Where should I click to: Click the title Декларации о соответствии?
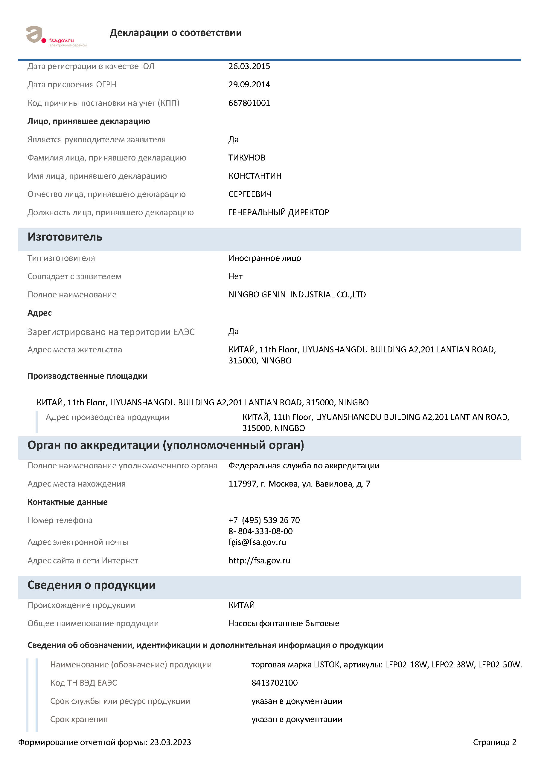[x=175, y=33]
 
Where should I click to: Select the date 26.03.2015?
[x=249, y=66]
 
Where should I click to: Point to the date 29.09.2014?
[x=249, y=84]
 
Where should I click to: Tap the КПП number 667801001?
[x=249, y=103]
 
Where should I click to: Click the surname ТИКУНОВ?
[x=247, y=158]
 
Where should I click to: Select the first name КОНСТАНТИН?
[x=255, y=176]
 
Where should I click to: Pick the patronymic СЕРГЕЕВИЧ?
[x=250, y=194]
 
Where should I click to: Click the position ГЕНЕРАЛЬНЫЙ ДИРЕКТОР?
[x=278, y=212]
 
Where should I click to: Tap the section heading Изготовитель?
[x=65, y=237]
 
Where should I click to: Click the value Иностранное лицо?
[x=264, y=258]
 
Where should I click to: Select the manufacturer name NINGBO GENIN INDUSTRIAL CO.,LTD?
[x=297, y=295]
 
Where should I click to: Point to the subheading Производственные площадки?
[x=87, y=376]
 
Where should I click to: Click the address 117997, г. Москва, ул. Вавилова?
[x=299, y=484]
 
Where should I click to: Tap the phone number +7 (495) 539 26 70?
[x=264, y=520]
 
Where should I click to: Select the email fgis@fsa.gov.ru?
[x=257, y=542]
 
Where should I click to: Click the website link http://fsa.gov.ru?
[x=259, y=561]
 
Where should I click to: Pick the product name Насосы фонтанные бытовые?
[x=284, y=624]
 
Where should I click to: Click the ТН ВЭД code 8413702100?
[x=274, y=683]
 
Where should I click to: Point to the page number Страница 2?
[x=494, y=742]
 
